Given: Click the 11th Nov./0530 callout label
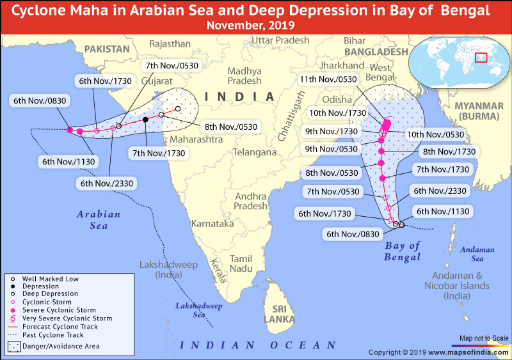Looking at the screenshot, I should pyautogui.click(x=328, y=79).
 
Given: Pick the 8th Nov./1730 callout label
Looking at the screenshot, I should pyautogui.click(x=449, y=152).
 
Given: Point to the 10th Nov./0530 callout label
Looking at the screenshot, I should pyautogui.click(x=436, y=135).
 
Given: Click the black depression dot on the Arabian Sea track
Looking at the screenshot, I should pyautogui.click(x=146, y=120).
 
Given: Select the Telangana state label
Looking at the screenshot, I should pyautogui.click(x=254, y=153).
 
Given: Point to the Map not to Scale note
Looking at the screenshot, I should pyautogui.click(x=484, y=338).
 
